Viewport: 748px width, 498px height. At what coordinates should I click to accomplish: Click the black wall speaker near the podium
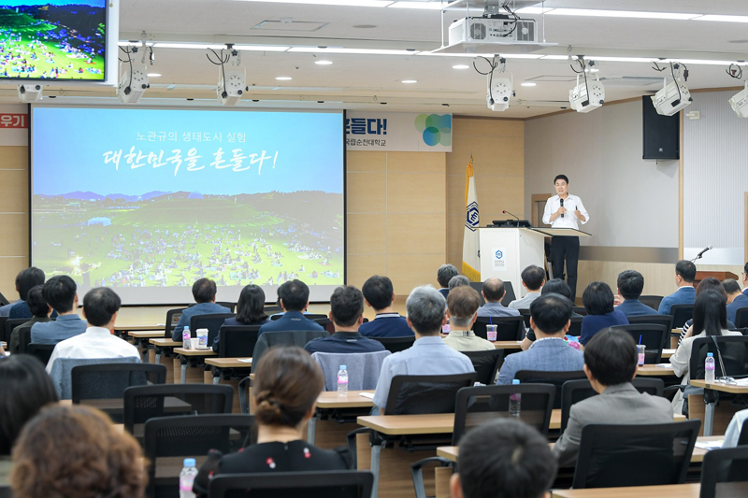[660, 127]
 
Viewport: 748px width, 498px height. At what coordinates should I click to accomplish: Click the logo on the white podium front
[499, 254]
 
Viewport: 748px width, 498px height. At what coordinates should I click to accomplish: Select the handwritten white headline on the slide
[191, 160]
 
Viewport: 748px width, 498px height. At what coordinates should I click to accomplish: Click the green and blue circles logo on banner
[433, 130]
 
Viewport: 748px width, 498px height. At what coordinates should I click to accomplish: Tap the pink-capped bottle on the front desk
[343, 379]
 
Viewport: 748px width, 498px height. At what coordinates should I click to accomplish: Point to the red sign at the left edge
[13, 121]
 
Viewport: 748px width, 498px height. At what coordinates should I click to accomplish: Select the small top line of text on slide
[191, 136]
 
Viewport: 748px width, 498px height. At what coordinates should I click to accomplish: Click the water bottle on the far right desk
[710, 367]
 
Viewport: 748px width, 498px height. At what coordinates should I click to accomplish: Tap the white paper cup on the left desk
[202, 337]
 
